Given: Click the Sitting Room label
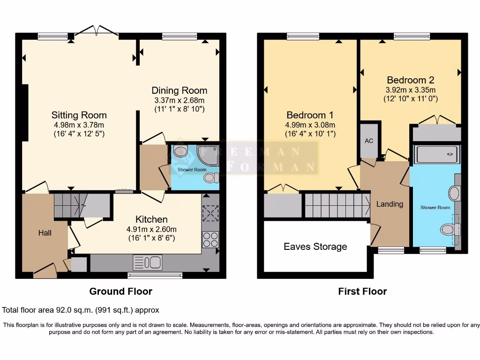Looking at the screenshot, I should [79, 115].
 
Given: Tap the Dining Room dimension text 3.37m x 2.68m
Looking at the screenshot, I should [179, 100].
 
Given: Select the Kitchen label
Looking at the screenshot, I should [151, 219].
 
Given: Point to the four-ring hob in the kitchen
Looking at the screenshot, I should [211, 240].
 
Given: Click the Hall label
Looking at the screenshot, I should [45, 232].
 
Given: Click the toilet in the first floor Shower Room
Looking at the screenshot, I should [448, 229].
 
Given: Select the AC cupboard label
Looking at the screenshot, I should [369, 141].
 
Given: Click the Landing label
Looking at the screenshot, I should [390, 204].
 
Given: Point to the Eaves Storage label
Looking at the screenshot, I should [315, 247].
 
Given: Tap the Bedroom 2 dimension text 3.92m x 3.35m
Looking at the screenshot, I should [410, 90].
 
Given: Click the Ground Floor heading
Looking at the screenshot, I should [120, 292].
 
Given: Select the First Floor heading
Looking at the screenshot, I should [362, 292].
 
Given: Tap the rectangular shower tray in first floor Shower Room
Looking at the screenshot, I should [436, 153].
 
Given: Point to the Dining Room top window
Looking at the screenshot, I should [179, 36].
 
